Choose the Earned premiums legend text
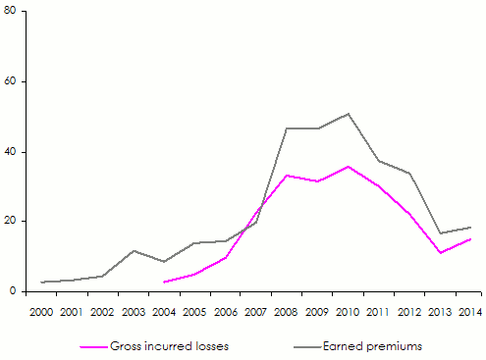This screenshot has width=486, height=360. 373,346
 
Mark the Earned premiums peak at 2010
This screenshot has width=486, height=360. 348,114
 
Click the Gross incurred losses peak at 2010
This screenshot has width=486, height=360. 348,167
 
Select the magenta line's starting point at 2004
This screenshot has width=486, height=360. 164,282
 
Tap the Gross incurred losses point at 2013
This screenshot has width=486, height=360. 439,253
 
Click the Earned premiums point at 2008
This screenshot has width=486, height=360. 287,129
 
